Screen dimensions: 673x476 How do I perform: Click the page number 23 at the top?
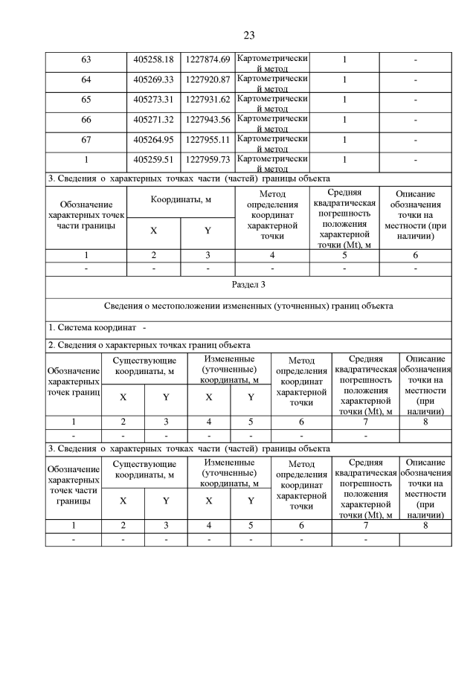tap(248, 35)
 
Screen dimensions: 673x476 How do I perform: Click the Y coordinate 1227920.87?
tap(208, 79)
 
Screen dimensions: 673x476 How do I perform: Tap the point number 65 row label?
tap(86, 99)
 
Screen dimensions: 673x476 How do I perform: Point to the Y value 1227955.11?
tap(208, 138)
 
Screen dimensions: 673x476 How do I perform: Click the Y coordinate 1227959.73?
tap(208, 158)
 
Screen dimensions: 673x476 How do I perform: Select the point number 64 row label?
tap(86, 79)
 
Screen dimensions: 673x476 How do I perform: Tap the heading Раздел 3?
tap(248, 286)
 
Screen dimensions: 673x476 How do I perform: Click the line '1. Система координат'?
tap(97, 328)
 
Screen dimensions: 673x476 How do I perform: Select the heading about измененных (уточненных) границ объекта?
tap(248, 306)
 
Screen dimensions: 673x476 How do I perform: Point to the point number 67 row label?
tap(86, 138)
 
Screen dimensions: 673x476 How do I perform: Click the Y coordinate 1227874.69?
tap(208, 59)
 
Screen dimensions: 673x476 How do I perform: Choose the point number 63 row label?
tap(86, 59)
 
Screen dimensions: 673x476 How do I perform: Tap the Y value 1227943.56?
tap(208, 119)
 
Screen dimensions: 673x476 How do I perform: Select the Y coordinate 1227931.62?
tap(208, 99)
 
